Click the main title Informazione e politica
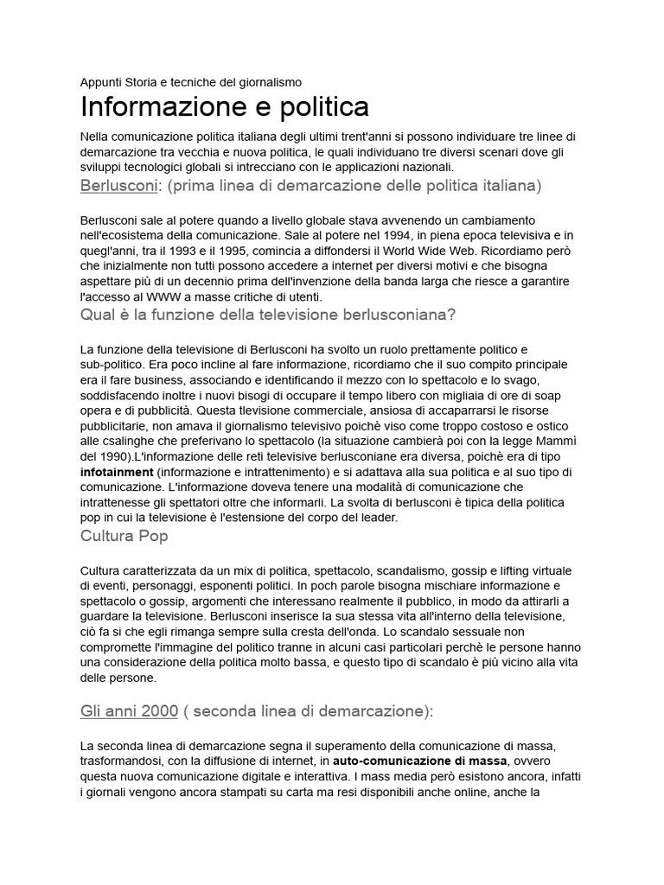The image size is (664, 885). pyautogui.click(x=225, y=107)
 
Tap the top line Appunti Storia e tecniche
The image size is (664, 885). pyautogui.click(x=190, y=82)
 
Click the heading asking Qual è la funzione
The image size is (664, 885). pyautogui.click(x=267, y=315)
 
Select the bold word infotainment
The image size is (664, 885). pyautogui.click(x=117, y=473)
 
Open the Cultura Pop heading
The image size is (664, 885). pyautogui.click(x=124, y=536)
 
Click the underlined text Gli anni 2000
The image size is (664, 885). pyautogui.click(x=129, y=711)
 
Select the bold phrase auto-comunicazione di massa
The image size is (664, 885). pyautogui.click(x=420, y=761)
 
